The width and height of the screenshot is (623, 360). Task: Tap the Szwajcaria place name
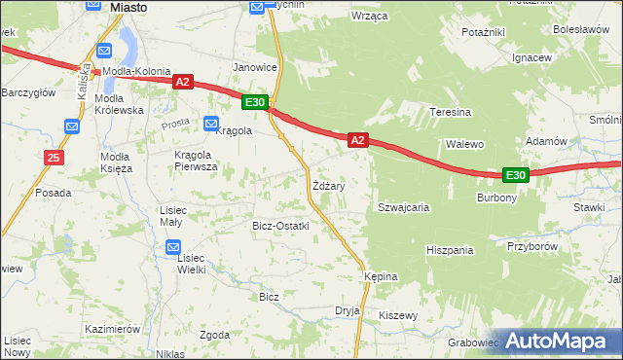point(404,207)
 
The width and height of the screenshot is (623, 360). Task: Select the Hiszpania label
point(450,250)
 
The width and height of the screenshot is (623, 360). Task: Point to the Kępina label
point(382,276)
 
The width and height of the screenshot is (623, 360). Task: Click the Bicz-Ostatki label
point(280,226)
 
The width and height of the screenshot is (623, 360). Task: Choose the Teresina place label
point(451,112)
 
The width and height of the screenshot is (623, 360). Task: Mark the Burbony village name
point(496,197)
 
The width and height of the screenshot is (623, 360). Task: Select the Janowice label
point(255,67)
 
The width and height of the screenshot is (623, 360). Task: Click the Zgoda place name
point(214,335)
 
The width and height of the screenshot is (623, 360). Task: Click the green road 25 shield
point(55,157)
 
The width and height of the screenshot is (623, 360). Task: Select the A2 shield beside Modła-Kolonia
point(183,83)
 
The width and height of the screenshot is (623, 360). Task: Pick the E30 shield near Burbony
point(516,175)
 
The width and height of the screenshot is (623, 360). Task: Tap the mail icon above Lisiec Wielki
point(171,246)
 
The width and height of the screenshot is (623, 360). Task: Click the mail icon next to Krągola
point(211,124)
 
